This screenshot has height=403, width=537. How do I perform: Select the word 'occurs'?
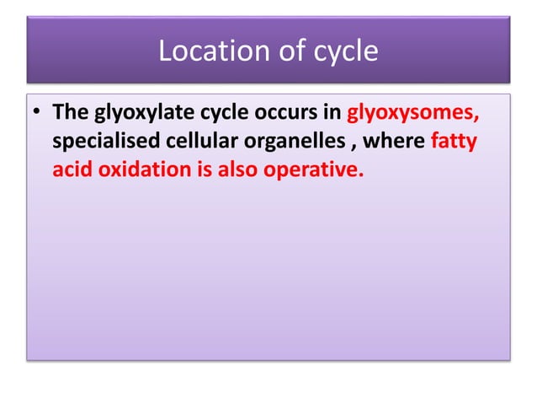coord(277,113)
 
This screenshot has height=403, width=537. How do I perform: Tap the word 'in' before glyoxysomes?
coord(330,112)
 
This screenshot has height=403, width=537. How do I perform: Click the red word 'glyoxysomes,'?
coord(412,113)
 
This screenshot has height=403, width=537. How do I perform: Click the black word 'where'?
coord(391,141)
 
